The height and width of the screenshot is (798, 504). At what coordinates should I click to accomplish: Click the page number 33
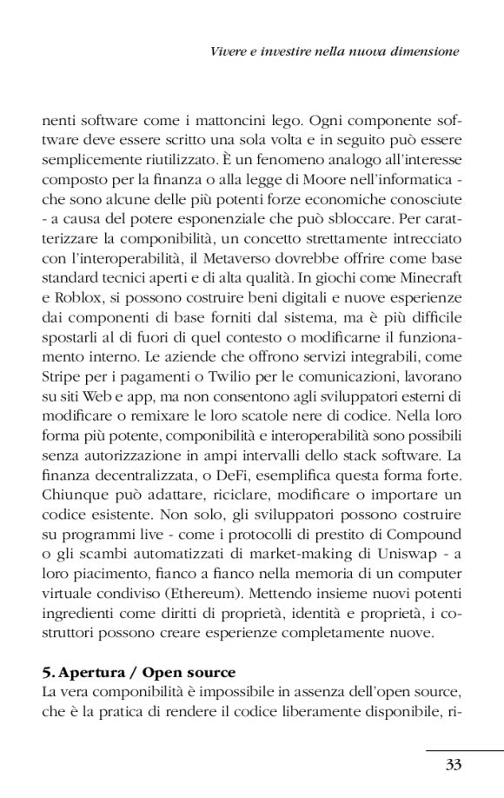pos(452,764)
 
